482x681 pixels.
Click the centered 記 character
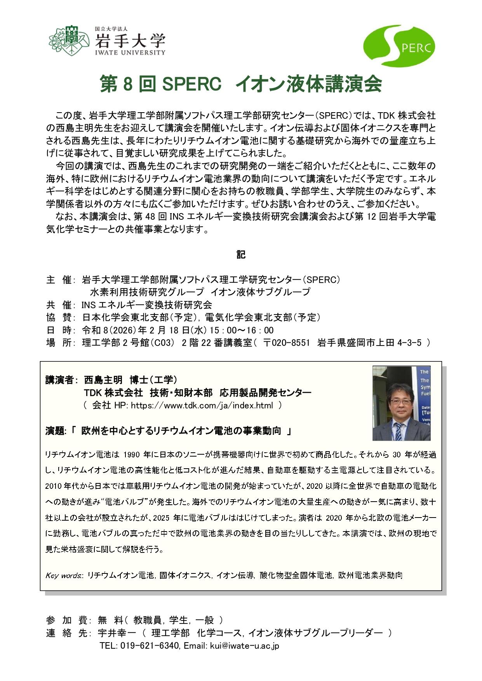coord(241,255)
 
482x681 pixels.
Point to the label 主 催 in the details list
coord(59,280)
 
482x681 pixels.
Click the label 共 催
coord(59,305)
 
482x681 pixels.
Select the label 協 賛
coord(59,318)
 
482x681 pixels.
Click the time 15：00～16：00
coord(242,330)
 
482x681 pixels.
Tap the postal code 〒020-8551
coord(286,343)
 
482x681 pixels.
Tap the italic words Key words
coord(63,575)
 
